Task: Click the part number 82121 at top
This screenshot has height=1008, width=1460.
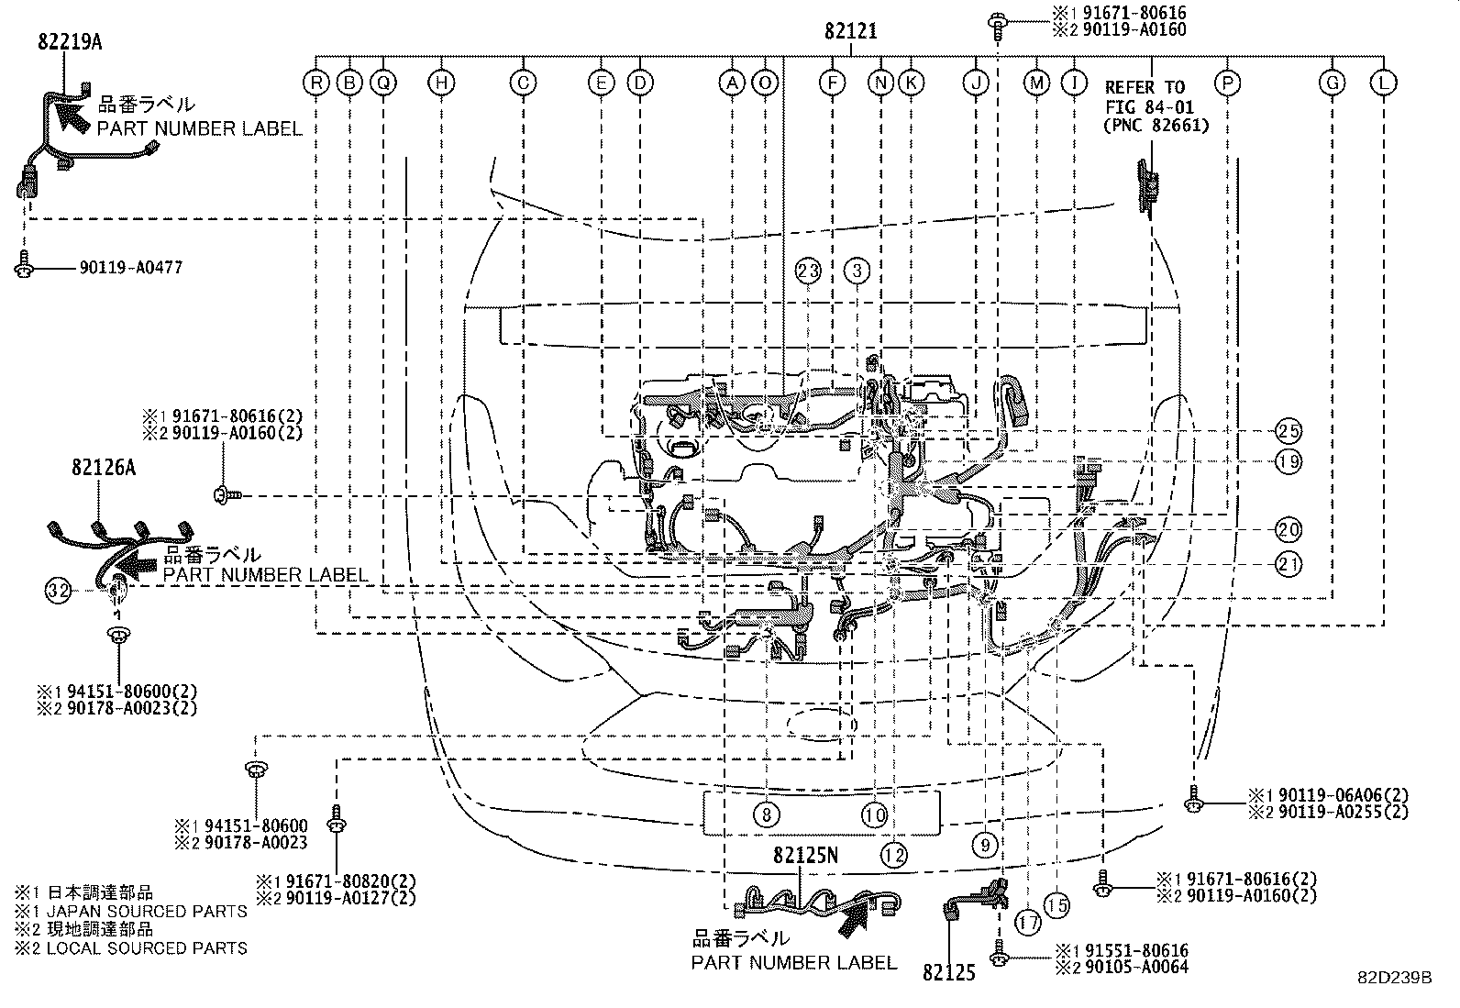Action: point(850,31)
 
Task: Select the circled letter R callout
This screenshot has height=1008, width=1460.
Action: point(316,83)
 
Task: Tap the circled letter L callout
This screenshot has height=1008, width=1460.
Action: point(1383,83)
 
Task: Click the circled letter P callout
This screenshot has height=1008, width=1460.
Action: point(1227,83)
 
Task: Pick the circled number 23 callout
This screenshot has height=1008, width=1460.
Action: point(807,271)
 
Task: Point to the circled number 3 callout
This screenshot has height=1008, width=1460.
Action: point(857,271)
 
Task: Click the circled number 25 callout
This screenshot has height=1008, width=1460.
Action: point(1289,430)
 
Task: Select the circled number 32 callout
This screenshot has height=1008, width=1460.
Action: point(58,591)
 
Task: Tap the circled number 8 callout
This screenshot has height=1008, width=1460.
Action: point(766,814)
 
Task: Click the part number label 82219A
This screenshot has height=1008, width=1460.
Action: point(70,40)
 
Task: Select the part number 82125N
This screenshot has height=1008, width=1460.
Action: point(805,855)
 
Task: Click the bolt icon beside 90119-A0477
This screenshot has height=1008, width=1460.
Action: point(25,267)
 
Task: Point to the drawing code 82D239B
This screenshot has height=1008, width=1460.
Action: point(1394,978)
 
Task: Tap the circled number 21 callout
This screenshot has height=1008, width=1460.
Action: point(1289,564)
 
